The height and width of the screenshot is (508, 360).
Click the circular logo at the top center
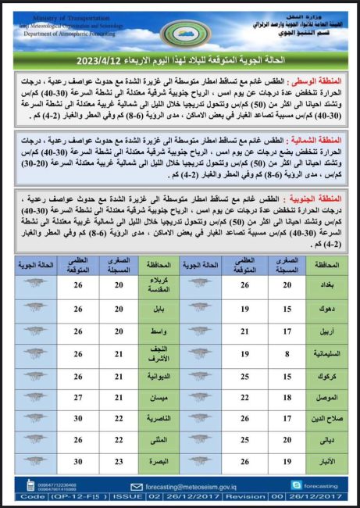point(182,32)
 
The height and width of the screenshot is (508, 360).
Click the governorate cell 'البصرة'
point(159,463)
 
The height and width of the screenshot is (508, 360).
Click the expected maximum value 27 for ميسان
point(78,397)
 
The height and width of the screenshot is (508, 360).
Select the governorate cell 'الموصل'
point(327,397)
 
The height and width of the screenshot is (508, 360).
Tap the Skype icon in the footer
point(297,485)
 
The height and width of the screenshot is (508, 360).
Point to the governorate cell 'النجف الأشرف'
point(159,354)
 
